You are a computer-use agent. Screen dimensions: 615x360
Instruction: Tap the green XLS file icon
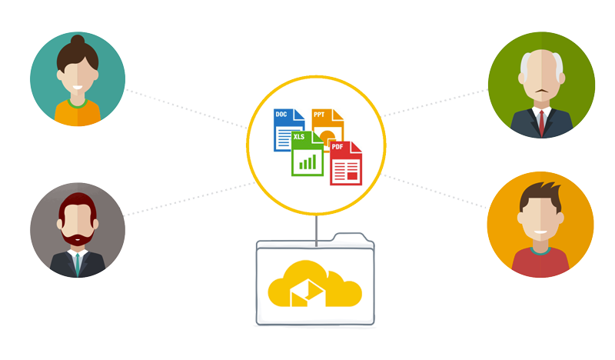point(307,154)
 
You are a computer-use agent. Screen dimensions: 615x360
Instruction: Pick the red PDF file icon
point(345,163)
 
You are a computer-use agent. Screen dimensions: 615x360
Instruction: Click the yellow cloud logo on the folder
point(314,283)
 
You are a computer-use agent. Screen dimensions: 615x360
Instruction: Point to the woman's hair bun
point(78,40)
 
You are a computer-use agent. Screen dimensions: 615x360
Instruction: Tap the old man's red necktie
point(542,123)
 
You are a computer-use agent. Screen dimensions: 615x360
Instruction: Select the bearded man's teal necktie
point(78,265)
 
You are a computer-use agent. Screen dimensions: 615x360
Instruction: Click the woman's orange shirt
point(78,113)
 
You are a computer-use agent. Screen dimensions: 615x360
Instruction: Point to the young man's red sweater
point(540,263)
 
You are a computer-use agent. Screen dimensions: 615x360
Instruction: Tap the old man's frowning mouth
point(542,91)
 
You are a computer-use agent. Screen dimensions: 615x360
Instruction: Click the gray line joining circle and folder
point(316,231)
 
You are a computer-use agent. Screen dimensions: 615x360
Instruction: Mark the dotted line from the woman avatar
point(186,108)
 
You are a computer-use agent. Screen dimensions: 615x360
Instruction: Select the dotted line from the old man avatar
point(435,103)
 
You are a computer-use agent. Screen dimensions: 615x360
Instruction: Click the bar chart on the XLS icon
point(307,162)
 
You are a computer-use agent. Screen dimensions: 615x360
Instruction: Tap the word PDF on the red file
point(337,147)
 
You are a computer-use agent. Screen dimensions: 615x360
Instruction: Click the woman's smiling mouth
point(78,88)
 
